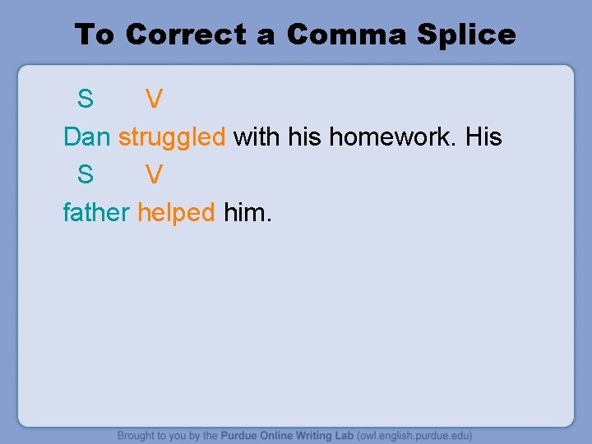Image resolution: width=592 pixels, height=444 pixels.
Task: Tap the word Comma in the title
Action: tap(347, 35)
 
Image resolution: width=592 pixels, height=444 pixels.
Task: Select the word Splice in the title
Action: tap(466, 35)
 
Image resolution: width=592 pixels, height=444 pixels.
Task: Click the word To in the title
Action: tap(95, 35)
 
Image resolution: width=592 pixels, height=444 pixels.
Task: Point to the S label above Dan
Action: tap(86, 99)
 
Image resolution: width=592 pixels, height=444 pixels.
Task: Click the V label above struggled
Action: tap(154, 99)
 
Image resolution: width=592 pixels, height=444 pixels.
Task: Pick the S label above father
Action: tap(86, 174)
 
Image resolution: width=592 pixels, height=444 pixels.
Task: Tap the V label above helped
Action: tap(154, 174)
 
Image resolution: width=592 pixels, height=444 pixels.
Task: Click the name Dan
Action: tap(86, 136)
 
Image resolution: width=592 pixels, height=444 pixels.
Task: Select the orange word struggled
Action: tap(172, 137)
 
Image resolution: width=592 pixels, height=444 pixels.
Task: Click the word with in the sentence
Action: tap(257, 136)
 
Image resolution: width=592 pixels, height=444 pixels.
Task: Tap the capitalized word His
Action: tap(483, 136)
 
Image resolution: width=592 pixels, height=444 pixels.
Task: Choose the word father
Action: tap(96, 212)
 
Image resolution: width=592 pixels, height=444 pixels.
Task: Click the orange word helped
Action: tap(176, 212)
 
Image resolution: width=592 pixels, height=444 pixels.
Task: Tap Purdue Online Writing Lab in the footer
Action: tap(287, 435)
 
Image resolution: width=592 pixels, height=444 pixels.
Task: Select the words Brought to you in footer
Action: tap(148, 435)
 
